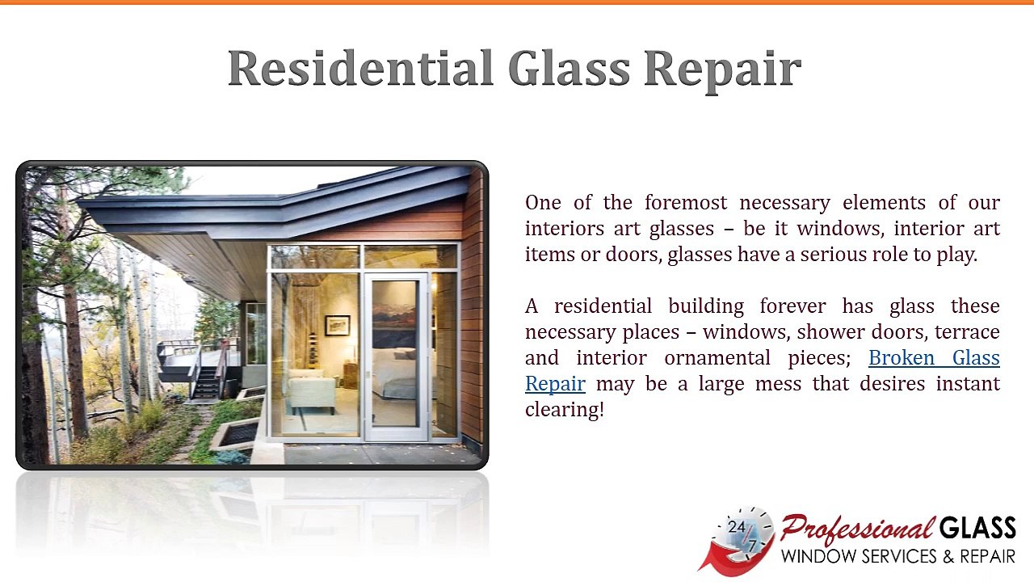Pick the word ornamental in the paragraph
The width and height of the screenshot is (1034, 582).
718,358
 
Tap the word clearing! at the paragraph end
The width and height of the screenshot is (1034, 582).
564,410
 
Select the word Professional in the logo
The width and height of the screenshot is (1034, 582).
856,530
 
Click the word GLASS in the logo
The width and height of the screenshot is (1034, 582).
977,529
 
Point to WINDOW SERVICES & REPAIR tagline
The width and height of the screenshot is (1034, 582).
897,557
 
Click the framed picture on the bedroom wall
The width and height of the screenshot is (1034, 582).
337,325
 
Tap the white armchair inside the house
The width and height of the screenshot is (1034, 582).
311,392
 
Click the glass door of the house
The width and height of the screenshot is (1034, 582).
395,356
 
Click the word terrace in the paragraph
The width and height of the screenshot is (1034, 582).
967,332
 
